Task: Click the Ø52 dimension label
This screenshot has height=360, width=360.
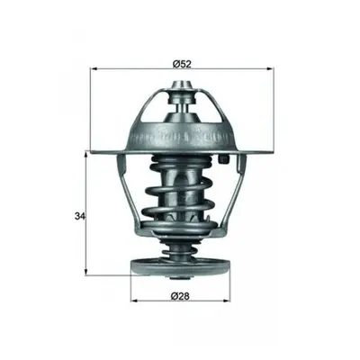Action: (x=182, y=64)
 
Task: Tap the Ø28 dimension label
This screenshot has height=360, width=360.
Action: (x=180, y=296)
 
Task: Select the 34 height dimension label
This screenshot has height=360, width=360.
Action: (x=79, y=215)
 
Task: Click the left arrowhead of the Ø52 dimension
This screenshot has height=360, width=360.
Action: (x=94, y=69)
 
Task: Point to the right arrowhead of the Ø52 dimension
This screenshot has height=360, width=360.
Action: (x=270, y=69)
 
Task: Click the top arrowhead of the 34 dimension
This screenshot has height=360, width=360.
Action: (x=86, y=156)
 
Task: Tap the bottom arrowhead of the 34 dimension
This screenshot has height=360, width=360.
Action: (x=86, y=271)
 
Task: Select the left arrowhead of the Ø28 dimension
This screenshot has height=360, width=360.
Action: (x=135, y=300)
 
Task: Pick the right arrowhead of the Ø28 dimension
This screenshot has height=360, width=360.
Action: (x=227, y=300)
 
